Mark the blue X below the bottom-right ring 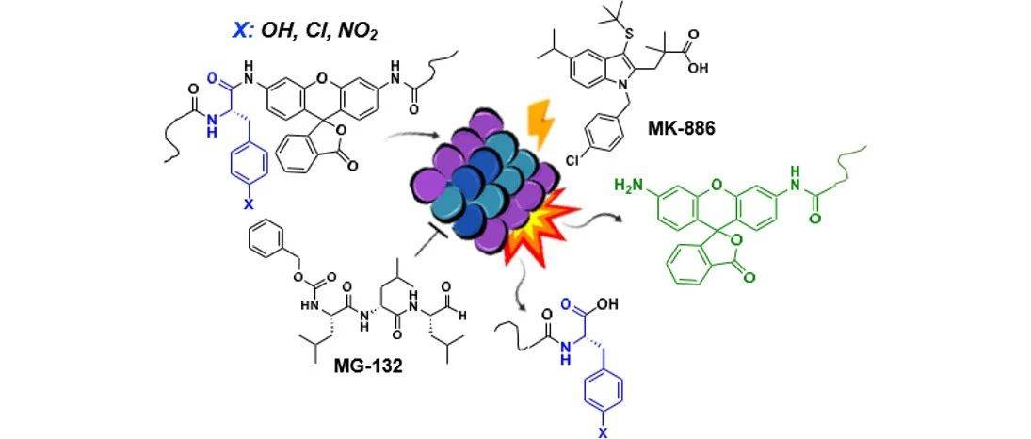600,430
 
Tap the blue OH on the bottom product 605,306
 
